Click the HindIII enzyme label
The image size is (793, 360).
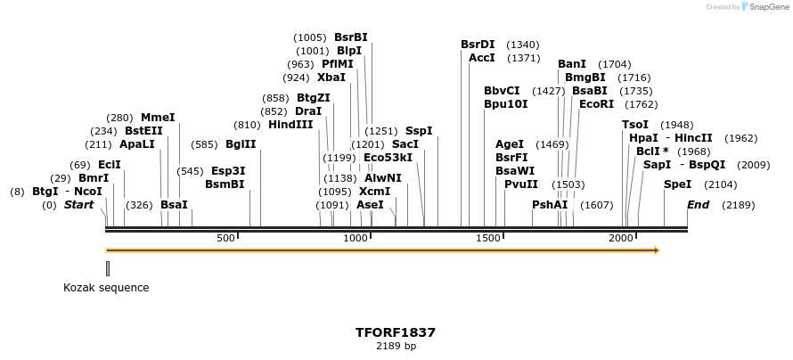290,125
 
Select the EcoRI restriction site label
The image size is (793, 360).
596,104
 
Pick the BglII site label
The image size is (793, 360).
241,143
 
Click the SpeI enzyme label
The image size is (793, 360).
677,184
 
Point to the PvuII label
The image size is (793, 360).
521,184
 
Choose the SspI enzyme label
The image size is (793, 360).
419,131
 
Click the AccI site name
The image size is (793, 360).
481,58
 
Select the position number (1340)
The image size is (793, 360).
523,45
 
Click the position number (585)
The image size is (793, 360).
204,144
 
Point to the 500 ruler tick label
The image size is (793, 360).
225,238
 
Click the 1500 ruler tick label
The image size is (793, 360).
488,238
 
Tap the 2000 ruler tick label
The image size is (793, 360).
621,238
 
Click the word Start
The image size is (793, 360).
78,205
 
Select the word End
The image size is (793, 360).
698,205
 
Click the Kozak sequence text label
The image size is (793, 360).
106,288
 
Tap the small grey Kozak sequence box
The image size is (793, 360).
108,267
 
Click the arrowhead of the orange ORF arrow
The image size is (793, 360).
656,250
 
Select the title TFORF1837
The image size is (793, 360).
396,332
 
